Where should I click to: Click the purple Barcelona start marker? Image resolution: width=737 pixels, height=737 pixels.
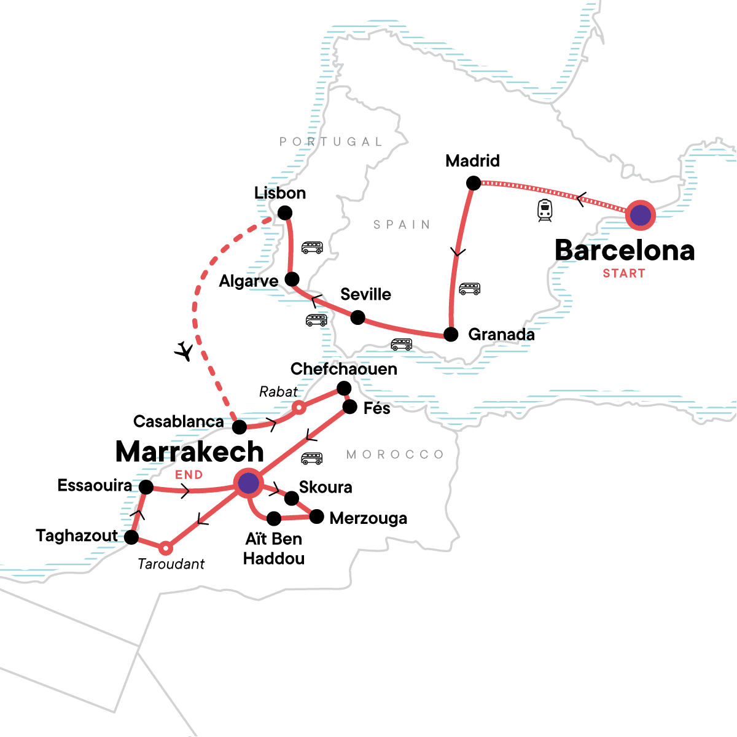pyautogui.click(x=640, y=215)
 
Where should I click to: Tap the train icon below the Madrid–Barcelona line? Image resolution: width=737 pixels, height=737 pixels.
pyautogui.click(x=544, y=210)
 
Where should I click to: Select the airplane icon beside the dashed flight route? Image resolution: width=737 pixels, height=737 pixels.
pyautogui.click(x=184, y=351)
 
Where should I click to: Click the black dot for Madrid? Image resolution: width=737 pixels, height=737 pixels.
pyautogui.click(x=474, y=183)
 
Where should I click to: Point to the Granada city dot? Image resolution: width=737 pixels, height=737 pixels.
pyautogui.click(x=451, y=335)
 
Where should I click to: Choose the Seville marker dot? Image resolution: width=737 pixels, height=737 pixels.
pyautogui.click(x=357, y=318)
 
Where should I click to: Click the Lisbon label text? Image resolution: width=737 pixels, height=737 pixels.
pyautogui.click(x=280, y=193)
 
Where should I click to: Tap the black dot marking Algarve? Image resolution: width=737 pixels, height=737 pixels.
pyautogui.click(x=292, y=278)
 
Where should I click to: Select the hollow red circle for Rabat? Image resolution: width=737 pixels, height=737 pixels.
pyautogui.click(x=298, y=407)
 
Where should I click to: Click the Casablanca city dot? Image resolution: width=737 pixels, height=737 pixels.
pyautogui.click(x=240, y=427)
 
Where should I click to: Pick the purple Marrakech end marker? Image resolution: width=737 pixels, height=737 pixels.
pyautogui.click(x=248, y=483)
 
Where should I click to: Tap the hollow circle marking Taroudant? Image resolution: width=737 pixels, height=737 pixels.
pyautogui.click(x=165, y=547)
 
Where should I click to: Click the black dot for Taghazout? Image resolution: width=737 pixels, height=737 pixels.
pyautogui.click(x=131, y=537)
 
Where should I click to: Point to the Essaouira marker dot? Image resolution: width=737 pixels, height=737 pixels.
pyautogui.click(x=146, y=487)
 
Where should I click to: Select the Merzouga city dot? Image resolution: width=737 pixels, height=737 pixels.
pyautogui.click(x=316, y=517)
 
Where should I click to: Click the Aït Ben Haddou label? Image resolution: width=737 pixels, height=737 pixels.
pyautogui.click(x=274, y=548)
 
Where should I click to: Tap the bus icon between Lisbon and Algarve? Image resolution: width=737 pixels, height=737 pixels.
pyautogui.click(x=312, y=248)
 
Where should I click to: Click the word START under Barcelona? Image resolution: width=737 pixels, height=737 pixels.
pyautogui.click(x=624, y=274)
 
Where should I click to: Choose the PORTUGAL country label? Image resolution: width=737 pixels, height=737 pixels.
pyautogui.click(x=331, y=142)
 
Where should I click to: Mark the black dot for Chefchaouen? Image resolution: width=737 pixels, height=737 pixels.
pyautogui.click(x=344, y=388)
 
